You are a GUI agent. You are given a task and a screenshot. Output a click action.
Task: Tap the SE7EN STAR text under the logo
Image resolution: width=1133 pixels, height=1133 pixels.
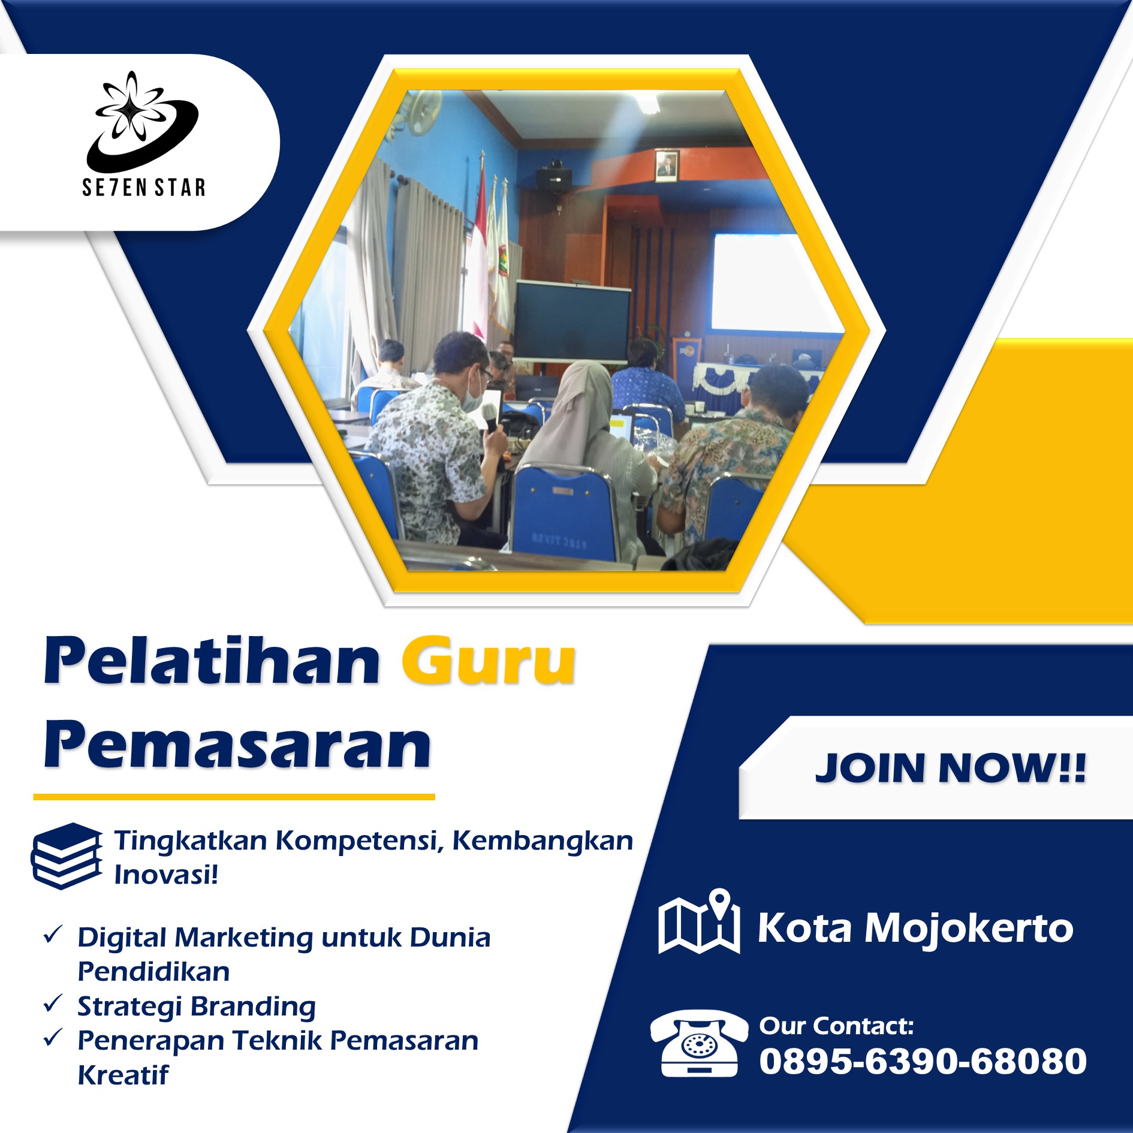click(x=144, y=188)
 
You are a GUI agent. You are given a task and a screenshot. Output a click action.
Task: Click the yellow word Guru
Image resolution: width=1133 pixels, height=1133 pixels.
click(x=489, y=662)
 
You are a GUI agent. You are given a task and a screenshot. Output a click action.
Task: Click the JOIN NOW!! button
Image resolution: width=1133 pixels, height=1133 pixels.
click(x=950, y=767)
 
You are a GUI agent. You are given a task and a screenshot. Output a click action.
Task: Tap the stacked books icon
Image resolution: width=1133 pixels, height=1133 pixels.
click(x=67, y=855)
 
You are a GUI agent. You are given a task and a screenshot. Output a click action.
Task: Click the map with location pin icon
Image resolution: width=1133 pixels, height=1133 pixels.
click(x=699, y=921)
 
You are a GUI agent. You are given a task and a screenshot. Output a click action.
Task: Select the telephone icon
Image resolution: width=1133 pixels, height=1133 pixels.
click(x=699, y=1044)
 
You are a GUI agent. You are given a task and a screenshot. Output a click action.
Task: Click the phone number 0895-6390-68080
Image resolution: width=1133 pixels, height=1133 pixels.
click(x=923, y=1061)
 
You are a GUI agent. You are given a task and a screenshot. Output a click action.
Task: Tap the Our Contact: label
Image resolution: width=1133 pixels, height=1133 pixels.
click(x=836, y=1026)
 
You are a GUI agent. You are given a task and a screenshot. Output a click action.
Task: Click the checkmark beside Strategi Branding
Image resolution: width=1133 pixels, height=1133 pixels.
click(x=53, y=1003)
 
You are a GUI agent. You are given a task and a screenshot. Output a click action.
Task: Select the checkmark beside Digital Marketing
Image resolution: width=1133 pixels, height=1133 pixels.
click(x=53, y=934)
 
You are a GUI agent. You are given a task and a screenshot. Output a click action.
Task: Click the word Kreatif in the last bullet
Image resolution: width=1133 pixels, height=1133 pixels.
click(x=123, y=1075)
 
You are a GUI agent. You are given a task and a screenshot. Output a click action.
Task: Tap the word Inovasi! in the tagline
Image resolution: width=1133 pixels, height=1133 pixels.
click(x=166, y=874)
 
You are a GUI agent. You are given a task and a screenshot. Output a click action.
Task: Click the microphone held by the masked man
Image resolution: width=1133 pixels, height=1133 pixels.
click(x=490, y=417)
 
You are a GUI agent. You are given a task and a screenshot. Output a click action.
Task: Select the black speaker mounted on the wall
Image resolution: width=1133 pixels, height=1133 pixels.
click(x=553, y=177)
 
